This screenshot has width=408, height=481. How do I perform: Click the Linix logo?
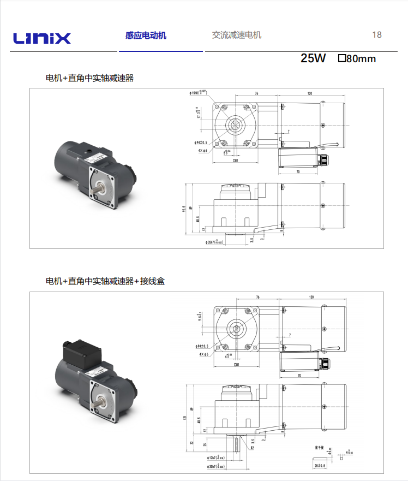point(42,38)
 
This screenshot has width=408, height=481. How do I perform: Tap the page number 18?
point(377,35)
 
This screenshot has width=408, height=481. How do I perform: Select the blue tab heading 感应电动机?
point(146,35)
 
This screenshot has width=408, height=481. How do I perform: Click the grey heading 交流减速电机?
point(237,35)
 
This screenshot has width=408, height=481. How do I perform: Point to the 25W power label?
point(313,58)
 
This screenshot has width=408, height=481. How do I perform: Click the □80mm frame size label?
point(357,58)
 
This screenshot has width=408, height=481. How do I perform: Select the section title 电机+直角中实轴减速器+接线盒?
point(105,281)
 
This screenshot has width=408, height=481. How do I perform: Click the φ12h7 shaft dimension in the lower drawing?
point(214,457)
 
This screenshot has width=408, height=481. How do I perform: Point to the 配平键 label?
point(320,446)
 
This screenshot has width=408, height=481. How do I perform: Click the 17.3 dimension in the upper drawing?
point(199,113)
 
